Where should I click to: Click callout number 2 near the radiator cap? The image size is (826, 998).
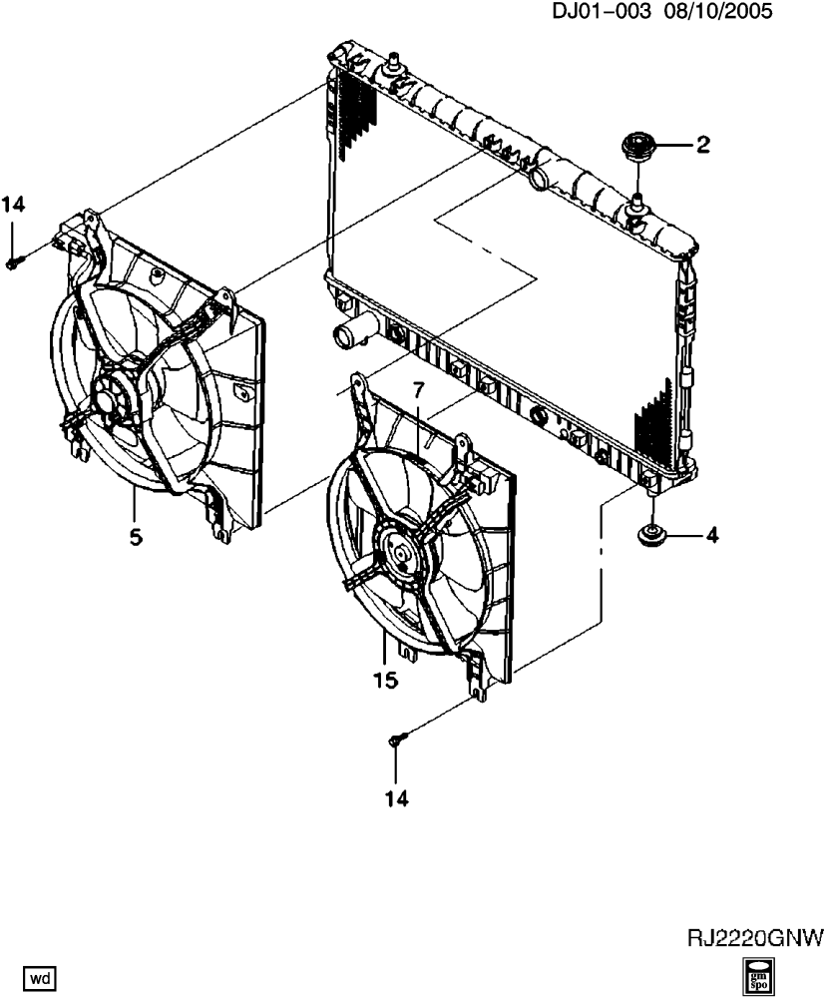[702, 145]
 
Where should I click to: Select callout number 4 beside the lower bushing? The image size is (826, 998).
[712, 535]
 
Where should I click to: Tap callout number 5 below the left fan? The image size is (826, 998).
[136, 538]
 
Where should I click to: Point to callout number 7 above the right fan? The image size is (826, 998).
[418, 390]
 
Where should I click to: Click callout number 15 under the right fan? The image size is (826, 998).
[386, 680]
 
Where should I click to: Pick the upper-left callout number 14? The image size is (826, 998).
[13, 205]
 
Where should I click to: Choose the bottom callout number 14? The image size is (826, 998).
[396, 798]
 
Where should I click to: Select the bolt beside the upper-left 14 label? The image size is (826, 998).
[15, 260]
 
